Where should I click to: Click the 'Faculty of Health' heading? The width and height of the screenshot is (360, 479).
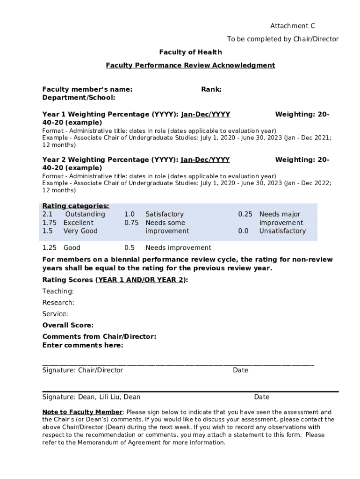pos(190,52)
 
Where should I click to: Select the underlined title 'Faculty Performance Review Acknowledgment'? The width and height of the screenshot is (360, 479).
pos(190,65)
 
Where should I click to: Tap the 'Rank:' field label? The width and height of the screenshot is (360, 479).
pos(211,89)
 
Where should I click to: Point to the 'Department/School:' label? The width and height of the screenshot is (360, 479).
pos(79,98)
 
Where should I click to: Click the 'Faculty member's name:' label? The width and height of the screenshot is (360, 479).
pos(87,89)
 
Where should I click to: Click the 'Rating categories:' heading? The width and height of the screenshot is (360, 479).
pos(76,206)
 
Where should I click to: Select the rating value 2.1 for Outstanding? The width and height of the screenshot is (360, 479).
pos(47,214)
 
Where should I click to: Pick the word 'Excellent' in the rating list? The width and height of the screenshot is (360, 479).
pos(79,223)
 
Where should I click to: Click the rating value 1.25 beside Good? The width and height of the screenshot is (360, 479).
pos(50,248)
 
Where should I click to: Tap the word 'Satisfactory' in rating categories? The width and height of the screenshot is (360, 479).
pos(165,214)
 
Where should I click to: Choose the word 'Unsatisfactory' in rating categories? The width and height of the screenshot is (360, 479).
pos(282,231)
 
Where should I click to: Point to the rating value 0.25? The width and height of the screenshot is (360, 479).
pos(245,214)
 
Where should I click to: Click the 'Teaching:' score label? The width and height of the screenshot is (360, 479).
pos(58,291)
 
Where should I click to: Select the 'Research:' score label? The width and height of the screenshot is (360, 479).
pos(58,303)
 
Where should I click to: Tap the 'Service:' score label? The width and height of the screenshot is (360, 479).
pos(55,314)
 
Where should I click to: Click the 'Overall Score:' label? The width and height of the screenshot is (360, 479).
pos(68,325)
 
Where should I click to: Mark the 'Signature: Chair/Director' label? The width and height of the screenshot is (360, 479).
pos(82,370)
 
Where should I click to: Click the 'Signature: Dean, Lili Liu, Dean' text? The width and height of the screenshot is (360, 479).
pos(91,397)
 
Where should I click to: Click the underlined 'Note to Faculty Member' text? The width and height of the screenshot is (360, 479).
pos(82,412)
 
